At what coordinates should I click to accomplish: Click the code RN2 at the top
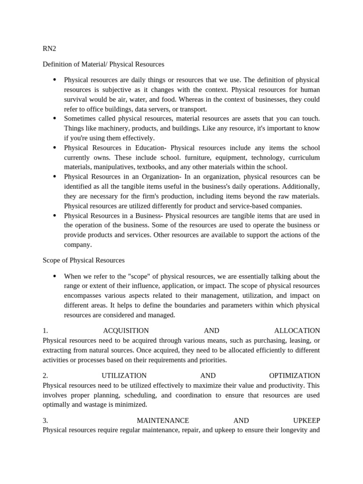click(x=49, y=49)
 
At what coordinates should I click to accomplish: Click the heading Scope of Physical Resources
click(x=84, y=260)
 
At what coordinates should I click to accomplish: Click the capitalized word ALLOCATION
click(x=297, y=331)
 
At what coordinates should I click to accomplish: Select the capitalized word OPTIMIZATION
click(x=294, y=376)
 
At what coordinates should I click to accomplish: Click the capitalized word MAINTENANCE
click(x=163, y=421)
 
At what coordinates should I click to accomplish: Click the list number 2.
click(x=45, y=376)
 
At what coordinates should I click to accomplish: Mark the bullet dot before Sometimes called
click(x=55, y=118)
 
